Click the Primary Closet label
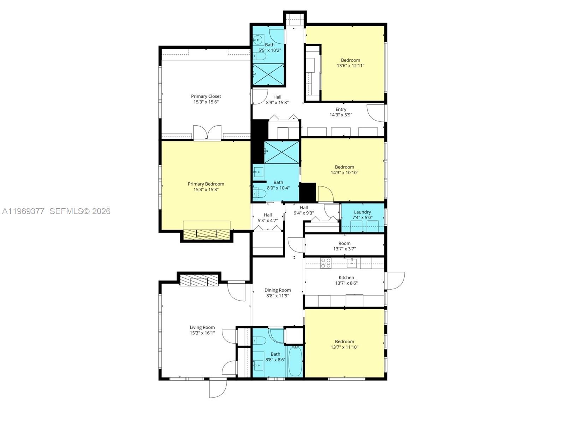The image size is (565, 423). pyautogui.click(x=206, y=96)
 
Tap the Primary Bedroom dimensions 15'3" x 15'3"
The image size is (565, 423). pyautogui.click(x=206, y=189)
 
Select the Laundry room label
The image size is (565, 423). pyautogui.click(x=362, y=212)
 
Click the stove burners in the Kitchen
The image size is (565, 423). pyautogui.click(x=326, y=263)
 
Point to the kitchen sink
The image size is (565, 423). pyautogui.click(x=352, y=263)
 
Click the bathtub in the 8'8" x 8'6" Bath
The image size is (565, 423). pyautogui.click(x=295, y=361)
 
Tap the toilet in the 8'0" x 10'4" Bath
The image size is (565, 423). pyautogui.click(x=260, y=194)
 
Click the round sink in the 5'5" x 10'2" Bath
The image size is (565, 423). pyautogui.click(x=258, y=39)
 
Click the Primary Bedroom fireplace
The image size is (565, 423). pyautogui.click(x=207, y=234)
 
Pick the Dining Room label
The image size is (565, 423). pyautogui.click(x=278, y=290)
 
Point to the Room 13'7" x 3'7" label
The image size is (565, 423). pyautogui.click(x=344, y=243)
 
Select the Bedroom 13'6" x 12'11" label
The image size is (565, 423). pyautogui.click(x=350, y=60)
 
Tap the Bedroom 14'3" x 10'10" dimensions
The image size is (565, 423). pyautogui.click(x=344, y=173)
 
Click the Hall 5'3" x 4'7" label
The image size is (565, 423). pyautogui.click(x=268, y=215)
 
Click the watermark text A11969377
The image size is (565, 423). pyautogui.click(x=23, y=211)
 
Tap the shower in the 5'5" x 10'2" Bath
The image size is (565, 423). pyautogui.click(x=268, y=74)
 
